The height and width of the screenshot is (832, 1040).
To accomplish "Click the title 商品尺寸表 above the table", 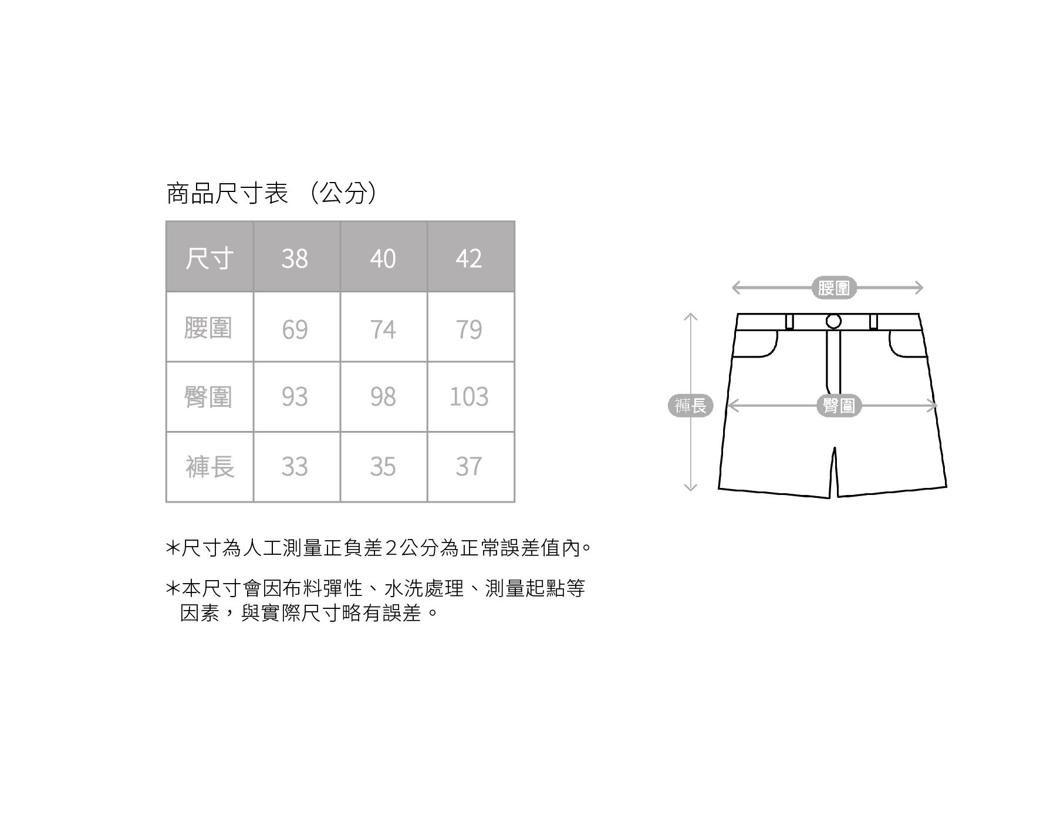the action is pos(228,193).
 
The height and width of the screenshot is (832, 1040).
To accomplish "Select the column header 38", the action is pos(295,258).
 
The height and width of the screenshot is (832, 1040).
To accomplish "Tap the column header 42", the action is pos(469,258).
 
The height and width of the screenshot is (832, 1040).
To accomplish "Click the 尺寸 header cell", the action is pos(209,258).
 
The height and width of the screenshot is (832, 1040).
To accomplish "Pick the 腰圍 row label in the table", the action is pos(208,328).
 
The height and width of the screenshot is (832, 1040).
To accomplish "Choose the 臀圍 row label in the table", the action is pos(208,397).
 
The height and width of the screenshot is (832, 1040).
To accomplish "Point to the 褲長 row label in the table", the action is pos(210,467).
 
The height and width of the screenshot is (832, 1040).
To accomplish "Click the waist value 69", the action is pos(295,329).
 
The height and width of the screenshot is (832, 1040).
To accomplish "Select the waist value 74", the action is pos(383,329).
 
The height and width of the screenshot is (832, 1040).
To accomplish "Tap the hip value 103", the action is pos(469,397).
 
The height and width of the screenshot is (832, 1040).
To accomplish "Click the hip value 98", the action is pos(383,397).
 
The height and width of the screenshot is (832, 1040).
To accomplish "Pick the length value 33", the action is pos(295,467).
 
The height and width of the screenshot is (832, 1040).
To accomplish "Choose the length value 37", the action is pos(469,467).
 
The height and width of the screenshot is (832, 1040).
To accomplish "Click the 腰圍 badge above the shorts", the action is pos(834,288).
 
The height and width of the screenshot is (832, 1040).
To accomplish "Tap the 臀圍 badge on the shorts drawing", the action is pos(839,406).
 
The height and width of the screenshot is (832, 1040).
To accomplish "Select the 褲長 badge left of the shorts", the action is pos(691,406).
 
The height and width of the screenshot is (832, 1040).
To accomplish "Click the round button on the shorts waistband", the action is pos(833,321).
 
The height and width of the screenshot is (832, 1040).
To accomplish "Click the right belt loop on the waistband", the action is pos(873,322).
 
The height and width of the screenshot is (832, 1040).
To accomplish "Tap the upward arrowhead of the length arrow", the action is pos(691,318).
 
